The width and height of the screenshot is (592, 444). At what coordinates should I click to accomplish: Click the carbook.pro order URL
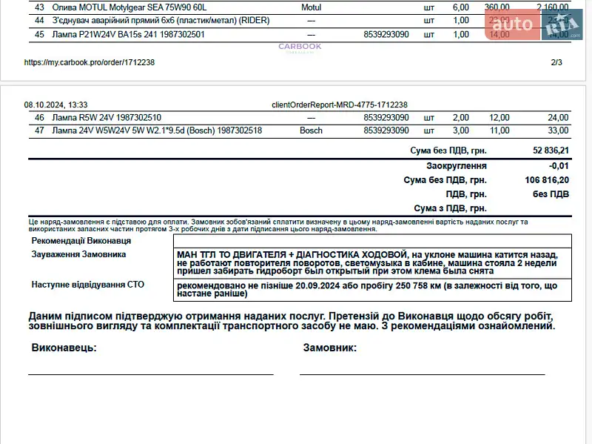click(90, 62)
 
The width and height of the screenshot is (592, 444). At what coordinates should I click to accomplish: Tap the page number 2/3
click(556, 62)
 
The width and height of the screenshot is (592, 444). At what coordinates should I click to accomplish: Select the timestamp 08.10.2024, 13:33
click(55, 105)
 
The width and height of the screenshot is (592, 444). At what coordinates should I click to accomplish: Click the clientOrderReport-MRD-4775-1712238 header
click(340, 105)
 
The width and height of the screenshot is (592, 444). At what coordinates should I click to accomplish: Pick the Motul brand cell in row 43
click(311, 7)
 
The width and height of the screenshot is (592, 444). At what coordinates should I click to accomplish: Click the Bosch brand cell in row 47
click(311, 130)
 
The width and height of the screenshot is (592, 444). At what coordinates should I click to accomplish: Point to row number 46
click(39, 117)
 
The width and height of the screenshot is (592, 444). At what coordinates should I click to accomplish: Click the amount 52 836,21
click(549, 150)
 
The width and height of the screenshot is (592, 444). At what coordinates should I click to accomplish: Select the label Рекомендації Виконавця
click(81, 241)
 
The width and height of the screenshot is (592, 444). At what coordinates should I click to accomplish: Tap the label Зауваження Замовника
click(78, 254)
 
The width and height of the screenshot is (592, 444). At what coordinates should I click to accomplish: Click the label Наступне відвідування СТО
click(87, 284)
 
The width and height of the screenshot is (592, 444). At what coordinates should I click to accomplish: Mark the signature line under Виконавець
click(150, 374)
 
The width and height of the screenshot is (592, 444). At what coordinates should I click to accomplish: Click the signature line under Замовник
click(422, 374)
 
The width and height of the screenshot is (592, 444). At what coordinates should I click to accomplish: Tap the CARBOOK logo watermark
click(300, 47)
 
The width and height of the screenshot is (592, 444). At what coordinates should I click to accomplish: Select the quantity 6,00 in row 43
click(460, 7)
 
